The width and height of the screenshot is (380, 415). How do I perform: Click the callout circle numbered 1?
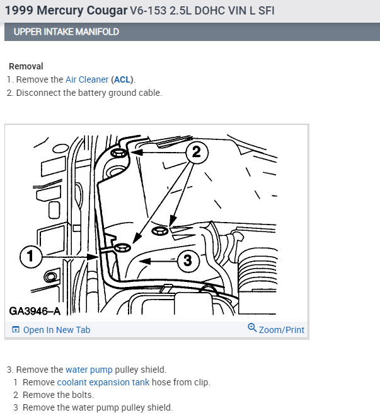(31, 256)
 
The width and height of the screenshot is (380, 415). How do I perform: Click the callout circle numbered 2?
(197, 152)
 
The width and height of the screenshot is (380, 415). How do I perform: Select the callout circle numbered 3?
(188, 260)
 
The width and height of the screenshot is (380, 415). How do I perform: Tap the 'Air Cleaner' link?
(87, 79)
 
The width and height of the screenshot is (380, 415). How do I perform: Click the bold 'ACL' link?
(122, 79)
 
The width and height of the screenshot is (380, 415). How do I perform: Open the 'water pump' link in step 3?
(89, 370)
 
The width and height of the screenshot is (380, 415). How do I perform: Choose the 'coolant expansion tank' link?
(103, 382)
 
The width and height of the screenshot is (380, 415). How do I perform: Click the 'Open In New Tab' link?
(57, 330)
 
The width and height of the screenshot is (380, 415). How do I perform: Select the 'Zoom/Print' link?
(281, 330)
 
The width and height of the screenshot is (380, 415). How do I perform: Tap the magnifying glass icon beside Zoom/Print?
(252, 328)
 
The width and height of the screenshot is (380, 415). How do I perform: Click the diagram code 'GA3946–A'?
(35, 311)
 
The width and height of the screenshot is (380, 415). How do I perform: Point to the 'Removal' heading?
(26, 66)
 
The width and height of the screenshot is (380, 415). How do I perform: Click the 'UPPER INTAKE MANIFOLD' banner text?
(66, 32)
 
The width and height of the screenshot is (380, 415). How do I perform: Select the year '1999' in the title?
(19, 11)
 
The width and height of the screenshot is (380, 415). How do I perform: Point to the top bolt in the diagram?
(118, 153)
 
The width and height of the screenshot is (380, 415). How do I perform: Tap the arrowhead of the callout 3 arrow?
(145, 261)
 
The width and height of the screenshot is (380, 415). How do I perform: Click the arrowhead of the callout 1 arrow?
(93, 257)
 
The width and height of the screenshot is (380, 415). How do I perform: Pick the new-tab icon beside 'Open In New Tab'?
(16, 329)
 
